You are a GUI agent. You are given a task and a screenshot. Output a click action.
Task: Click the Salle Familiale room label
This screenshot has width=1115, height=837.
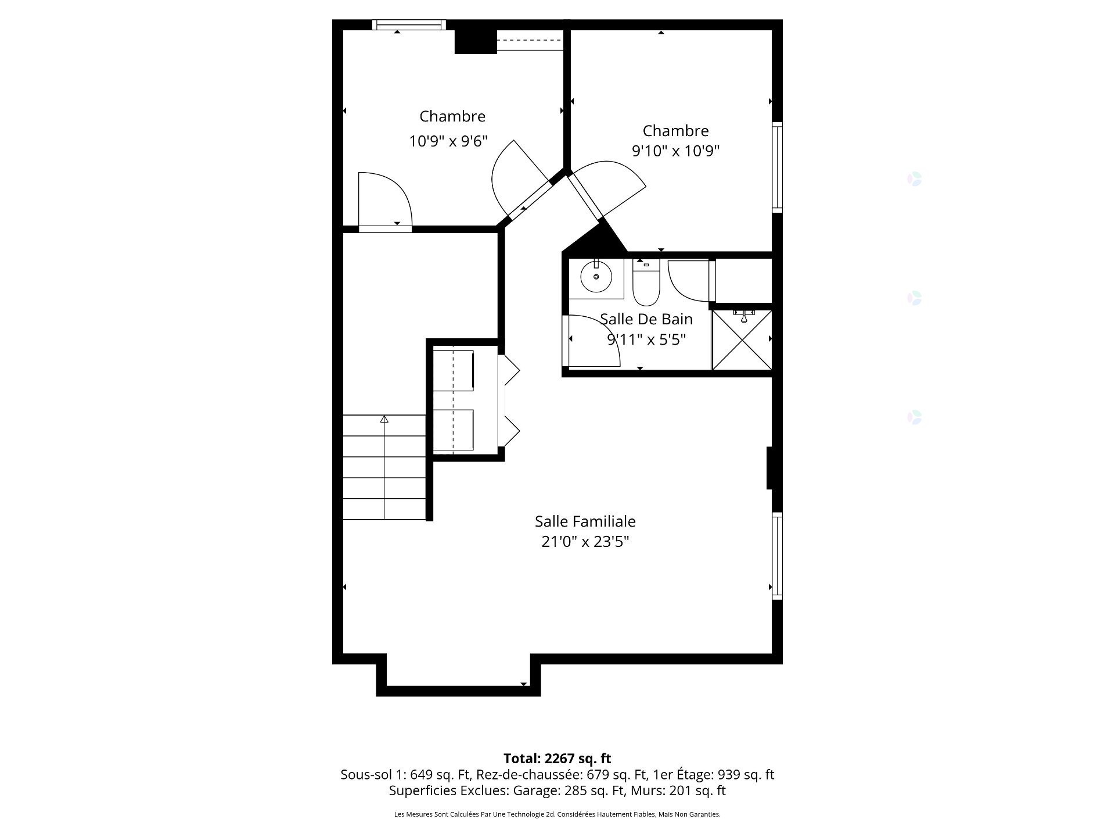click(585, 521)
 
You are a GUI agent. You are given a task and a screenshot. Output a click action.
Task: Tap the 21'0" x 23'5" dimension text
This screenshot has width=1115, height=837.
click(585, 542)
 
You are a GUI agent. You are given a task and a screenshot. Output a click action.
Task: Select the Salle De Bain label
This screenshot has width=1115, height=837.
click(646, 319)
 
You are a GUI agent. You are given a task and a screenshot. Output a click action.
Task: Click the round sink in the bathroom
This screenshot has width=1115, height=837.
click(596, 277)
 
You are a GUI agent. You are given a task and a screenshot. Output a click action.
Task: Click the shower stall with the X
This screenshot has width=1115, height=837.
click(742, 341)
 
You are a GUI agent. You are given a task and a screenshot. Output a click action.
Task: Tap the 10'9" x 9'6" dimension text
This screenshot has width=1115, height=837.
click(448, 141)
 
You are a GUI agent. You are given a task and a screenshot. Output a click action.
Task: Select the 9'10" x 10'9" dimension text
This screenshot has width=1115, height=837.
click(675, 151)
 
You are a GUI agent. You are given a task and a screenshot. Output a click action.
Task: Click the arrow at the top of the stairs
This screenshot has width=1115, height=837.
click(384, 419)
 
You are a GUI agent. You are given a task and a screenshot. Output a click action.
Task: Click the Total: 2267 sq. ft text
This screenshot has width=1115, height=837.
click(557, 759)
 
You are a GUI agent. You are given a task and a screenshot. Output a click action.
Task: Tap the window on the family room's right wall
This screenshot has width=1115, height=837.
click(776, 556)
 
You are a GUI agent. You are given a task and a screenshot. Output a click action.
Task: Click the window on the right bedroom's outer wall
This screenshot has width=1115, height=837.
click(776, 167)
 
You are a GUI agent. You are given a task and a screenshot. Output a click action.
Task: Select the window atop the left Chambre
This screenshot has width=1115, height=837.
click(409, 24)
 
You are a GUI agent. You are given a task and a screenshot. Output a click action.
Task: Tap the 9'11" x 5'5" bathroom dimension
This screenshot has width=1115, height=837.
click(646, 339)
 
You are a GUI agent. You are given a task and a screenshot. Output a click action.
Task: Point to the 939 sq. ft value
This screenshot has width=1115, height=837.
click(746, 775)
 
